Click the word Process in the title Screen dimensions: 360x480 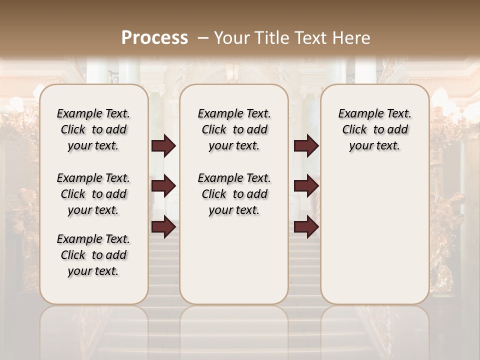point(154,37)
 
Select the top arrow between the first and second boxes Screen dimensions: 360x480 point(163,146)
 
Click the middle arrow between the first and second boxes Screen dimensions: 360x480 point(163,186)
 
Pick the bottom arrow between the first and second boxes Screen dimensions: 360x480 point(163,226)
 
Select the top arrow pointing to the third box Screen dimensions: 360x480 point(306,146)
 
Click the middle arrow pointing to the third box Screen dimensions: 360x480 point(306,186)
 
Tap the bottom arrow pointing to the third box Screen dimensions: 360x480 point(306,226)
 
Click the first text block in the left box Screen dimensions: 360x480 point(93,129)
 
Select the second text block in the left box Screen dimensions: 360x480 point(93,194)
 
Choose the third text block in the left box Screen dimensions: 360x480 point(93,255)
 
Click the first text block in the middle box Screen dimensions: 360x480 point(234,129)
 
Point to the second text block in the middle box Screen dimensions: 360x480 point(234,194)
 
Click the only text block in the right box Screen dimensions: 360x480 point(375,129)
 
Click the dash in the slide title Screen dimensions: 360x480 point(203,37)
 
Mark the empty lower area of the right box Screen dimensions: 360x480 point(375,235)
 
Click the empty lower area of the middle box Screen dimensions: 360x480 point(234,260)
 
